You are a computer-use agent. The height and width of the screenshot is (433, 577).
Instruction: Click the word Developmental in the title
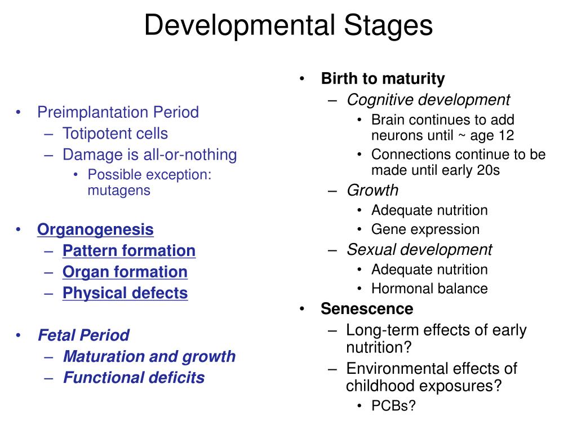pos(237,26)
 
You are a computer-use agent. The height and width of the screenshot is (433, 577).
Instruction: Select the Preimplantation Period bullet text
pos(118,112)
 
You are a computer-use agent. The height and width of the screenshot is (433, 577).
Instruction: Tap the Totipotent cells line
pos(115,134)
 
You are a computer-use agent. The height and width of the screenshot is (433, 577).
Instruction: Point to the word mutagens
pos(119,190)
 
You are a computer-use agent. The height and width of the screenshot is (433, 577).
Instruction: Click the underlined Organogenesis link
pos(95,229)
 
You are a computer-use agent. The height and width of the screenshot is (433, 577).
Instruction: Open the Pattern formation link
pos(129,251)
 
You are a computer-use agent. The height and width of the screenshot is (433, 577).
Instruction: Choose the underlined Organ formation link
pos(125,272)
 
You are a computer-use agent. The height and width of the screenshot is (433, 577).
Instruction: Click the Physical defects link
pos(125,293)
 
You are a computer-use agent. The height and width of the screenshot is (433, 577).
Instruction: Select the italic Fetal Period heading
pos(83,335)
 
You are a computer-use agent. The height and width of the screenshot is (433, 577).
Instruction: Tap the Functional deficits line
pos(134,378)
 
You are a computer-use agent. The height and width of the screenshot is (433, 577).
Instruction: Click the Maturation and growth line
pos(149,357)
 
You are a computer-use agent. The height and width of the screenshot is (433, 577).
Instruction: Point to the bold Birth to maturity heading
pos(383,79)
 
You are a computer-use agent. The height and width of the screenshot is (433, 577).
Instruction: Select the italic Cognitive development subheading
pos(428,100)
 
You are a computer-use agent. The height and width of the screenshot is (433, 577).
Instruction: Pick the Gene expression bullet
pos(425,229)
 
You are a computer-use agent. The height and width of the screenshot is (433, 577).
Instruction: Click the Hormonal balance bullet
pos(429,289)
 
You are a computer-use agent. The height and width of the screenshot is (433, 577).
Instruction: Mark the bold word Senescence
pos(367,309)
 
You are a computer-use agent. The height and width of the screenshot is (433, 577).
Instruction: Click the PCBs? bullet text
pos(393,405)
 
